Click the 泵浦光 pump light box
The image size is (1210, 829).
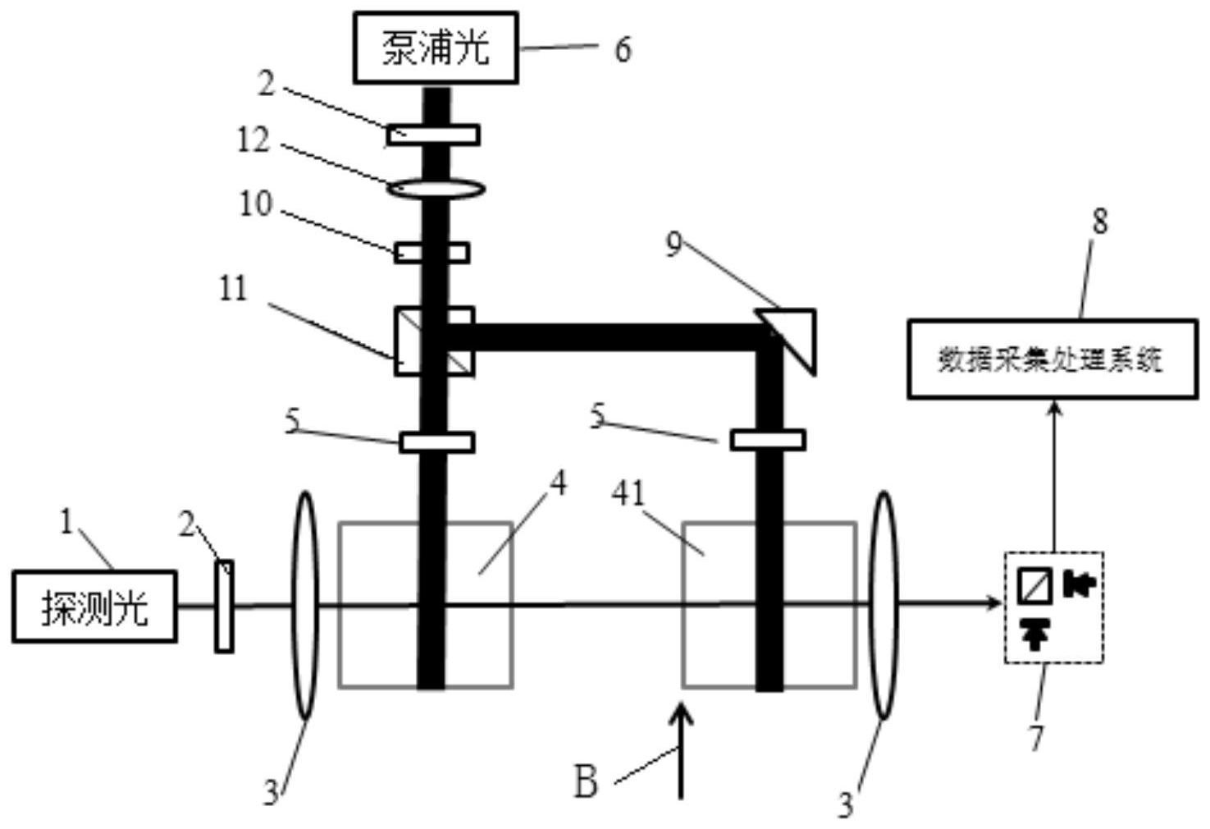[x=436, y=48]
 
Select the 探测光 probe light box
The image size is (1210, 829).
[x=94, y=607]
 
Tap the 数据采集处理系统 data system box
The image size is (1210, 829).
[x=1052, y=359]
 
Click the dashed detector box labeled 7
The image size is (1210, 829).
[x=1054, y=607]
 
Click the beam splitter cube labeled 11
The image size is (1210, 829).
[x=434, y=341]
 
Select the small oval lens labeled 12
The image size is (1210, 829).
[x=436, y=189]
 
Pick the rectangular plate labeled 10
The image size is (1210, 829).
[x=432, y=252]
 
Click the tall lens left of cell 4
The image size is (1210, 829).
[x=304, y=605]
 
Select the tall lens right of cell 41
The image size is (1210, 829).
[x=884, y=605]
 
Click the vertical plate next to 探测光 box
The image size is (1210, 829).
[x=224, y=607]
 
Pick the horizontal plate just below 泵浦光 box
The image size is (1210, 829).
[x=433, y=134]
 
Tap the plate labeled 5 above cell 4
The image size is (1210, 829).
[x=436, y=442]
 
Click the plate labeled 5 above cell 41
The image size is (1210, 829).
[x=768, y=440]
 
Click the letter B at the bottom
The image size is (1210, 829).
[x=586, y=782]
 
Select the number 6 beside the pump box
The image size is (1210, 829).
[x=623, y=49]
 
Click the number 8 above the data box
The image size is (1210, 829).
[x=1099, y=221]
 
